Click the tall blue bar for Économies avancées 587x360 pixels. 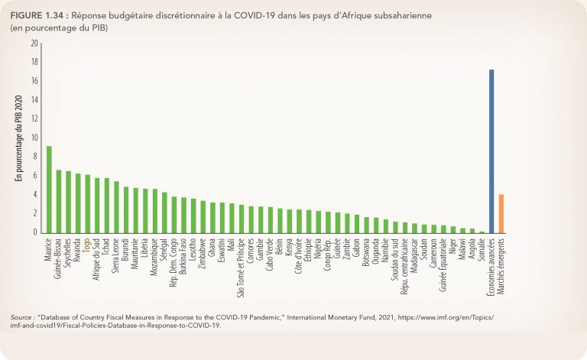coord(491,151)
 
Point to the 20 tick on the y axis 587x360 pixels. coord(34,44)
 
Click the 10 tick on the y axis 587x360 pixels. coord(34,138)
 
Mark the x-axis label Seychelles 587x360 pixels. coord(69,254)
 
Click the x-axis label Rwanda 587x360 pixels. coord(78,249)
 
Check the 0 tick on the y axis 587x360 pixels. coord(35,232)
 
